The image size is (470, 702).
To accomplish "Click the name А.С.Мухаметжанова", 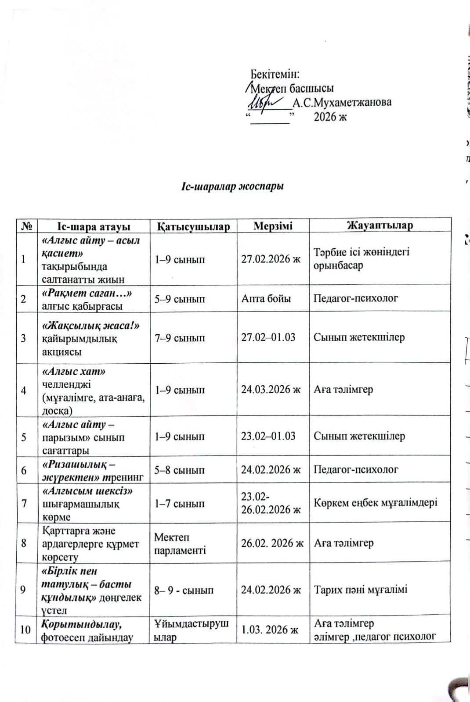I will pos(342,103).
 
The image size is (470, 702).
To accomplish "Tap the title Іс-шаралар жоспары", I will pos(232,186).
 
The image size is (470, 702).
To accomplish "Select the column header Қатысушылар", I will pos(193,226).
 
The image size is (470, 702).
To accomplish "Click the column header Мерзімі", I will pos(273,226).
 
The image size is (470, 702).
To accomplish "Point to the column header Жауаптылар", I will pos(380,226).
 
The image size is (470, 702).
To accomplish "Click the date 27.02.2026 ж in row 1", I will pos(271,259).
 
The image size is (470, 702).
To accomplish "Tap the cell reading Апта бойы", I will pos(266,299).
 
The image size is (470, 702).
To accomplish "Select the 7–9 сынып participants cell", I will pos(180,338).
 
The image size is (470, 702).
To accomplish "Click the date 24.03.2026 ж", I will pos(271,389).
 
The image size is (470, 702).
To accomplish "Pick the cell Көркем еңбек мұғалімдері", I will pos(376,503).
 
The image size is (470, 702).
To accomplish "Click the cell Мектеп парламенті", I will pos(180,544).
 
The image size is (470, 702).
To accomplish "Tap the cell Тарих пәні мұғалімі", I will pos(361,589).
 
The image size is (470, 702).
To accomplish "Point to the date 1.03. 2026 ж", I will pos(270,630).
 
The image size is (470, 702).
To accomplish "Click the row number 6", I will pos(24,470).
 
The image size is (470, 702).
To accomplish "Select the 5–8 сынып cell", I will pos(180,470).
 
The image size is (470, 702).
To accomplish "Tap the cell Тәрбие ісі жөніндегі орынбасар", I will pos(362,258).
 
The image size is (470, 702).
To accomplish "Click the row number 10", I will pos(25,630).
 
